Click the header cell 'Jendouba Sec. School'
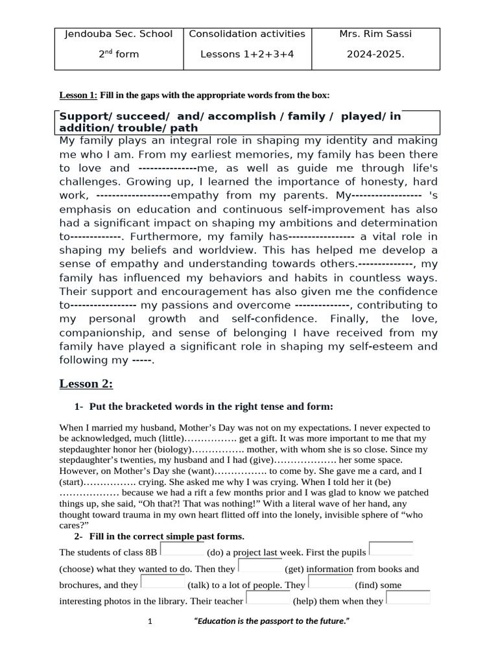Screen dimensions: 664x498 [119, 34]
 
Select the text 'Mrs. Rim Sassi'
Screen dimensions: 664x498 [375, 34]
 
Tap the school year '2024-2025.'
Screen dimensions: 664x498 [375, 54]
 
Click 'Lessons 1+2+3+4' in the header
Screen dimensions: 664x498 [247, 54]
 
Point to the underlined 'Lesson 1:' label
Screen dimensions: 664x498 [78, 96]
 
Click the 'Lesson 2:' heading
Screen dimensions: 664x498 [86, 385]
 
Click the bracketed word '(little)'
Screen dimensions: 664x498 [170, 438]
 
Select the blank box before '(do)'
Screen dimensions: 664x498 [182, 550]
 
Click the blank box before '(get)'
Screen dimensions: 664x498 [261, 566]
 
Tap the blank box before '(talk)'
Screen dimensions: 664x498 [163, 582]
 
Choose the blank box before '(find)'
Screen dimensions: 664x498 [331, 582]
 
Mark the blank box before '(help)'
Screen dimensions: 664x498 [268, 599]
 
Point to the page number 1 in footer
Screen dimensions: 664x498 [150, 622]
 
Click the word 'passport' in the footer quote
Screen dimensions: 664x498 [274, 622]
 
